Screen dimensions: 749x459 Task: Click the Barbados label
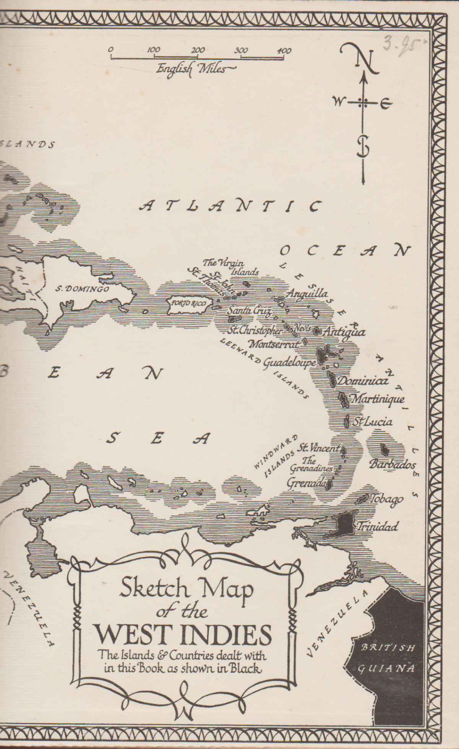click(x=392, y=464)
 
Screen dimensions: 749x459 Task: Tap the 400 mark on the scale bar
click(x=283, y=51)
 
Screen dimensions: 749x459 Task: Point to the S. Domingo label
click(x=82, y=289)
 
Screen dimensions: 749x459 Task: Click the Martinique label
click(x=377, y=399)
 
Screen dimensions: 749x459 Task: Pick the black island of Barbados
click(x=383, y=449)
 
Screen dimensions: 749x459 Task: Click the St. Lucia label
click(x=372, y=422)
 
